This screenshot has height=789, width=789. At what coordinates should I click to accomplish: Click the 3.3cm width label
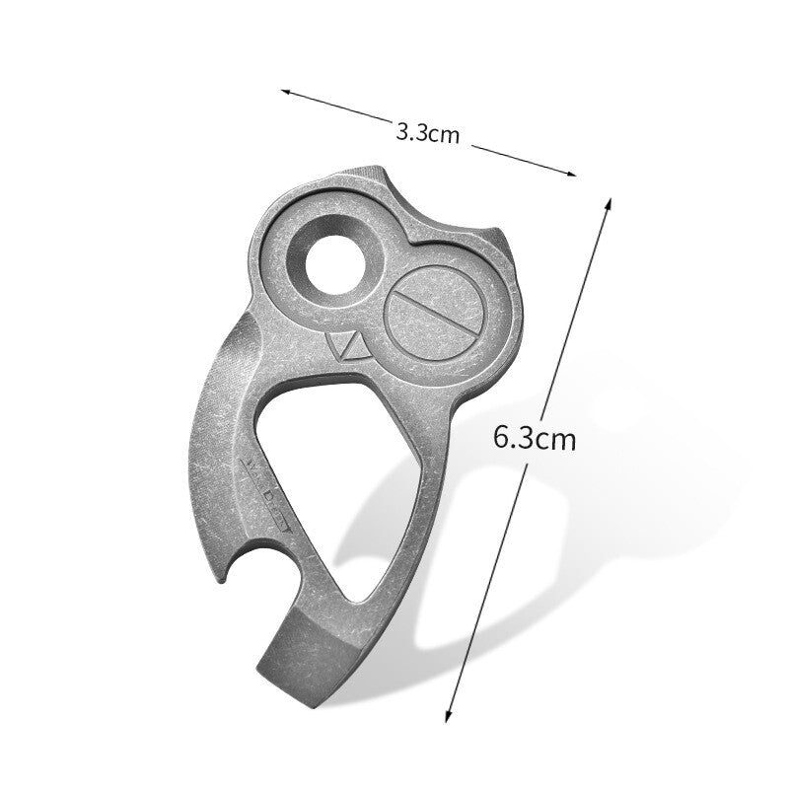(x=427, y=133)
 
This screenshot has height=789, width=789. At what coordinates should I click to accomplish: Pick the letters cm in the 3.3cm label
(x=445, y=136)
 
